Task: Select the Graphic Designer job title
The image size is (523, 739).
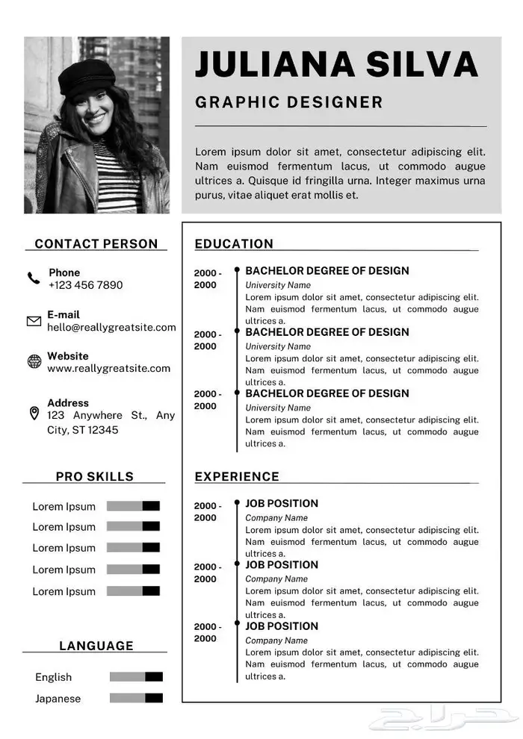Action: [288, 102]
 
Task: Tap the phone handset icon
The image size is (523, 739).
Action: [34, 278]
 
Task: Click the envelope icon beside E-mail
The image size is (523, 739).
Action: [34, 321]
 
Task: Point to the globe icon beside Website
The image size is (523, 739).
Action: [34, 362]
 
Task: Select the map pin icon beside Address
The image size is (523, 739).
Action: [34, 413]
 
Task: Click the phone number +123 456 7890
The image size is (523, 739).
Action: [85, 285]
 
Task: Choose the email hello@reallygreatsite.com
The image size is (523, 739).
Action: [111, 327]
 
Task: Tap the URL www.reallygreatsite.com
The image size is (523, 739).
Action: [108, 368]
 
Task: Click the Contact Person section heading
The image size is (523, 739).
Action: [96, 243]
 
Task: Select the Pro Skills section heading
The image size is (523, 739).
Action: [95, 476]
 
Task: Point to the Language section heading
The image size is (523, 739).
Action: [96, 646]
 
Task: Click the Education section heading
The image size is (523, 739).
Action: [234, 243]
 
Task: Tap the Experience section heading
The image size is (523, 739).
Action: [237, 476]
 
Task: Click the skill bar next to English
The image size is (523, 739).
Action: [136, 677]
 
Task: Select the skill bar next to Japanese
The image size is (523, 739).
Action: [136, 698]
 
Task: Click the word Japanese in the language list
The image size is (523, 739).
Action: [58, 699]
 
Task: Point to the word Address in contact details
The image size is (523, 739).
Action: [68, 403]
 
